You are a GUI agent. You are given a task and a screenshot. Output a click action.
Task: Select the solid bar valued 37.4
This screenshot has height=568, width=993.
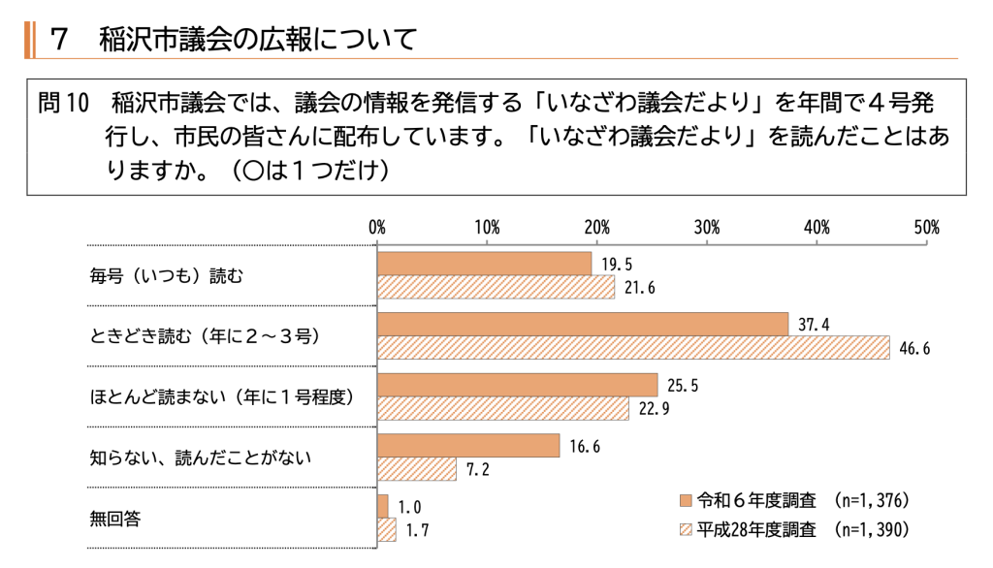583,324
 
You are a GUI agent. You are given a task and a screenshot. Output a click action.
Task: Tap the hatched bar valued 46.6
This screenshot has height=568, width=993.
633,348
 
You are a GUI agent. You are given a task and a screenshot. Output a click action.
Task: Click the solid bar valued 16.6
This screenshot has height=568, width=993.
468,445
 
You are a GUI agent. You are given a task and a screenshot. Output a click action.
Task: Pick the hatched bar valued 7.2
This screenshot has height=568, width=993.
417,469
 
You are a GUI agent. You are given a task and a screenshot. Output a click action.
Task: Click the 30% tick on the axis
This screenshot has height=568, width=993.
707,228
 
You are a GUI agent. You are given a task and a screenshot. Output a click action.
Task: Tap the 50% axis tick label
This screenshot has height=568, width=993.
926,228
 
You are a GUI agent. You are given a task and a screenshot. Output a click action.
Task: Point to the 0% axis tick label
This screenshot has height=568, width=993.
377,228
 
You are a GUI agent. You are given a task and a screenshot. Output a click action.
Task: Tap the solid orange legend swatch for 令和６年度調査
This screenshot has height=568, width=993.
686,501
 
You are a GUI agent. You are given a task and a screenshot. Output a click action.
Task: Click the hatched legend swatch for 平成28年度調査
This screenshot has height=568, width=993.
686,530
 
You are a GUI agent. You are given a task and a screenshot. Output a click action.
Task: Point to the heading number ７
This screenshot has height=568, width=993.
60,39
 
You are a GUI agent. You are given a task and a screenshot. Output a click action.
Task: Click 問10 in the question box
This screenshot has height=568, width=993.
63,102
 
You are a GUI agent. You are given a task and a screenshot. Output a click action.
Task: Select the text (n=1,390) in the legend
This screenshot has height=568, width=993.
871,530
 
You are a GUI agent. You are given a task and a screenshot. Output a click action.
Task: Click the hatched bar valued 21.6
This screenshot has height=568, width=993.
496,288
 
